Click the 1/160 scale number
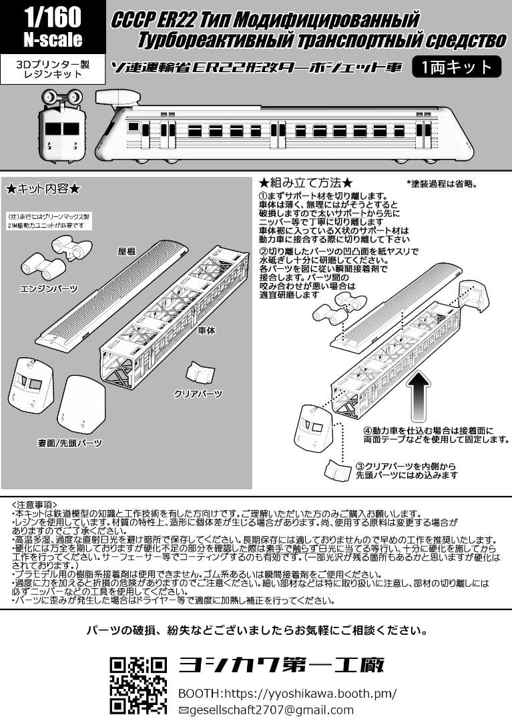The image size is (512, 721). click(x=52, y=15)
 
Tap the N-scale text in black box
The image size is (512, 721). click(x=52, y=39)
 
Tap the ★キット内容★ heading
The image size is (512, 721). click(x=43, y=189)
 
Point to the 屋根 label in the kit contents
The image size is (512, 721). click(x=127, y=252)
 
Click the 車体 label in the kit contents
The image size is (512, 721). click(x=206, y=330)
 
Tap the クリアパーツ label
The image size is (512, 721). click(x=198, y=394)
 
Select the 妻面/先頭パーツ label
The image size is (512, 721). click(x=70, y=443)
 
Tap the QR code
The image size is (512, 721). click(x=138, y=685)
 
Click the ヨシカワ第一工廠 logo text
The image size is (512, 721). click(x=282, y=665)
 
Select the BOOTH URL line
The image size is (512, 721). click(x=287, y=693)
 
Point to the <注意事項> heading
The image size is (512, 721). click(x=35, y=505)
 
